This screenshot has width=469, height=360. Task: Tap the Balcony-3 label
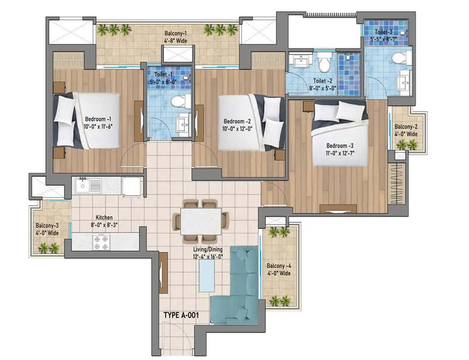point(47,229)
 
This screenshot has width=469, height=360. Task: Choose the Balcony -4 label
point(277,269)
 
